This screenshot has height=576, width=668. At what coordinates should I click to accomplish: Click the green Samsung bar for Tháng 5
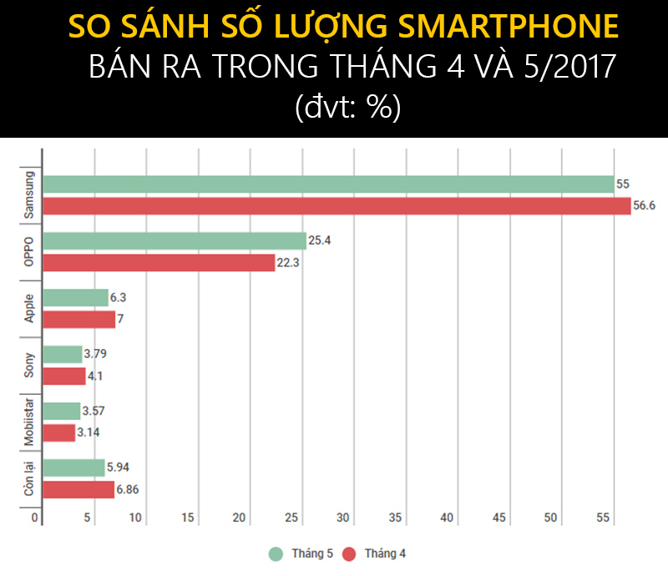pyautogui.click(x=328, y=184)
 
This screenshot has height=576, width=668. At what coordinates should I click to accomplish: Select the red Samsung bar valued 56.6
pyautogui.click(x=337, y=206)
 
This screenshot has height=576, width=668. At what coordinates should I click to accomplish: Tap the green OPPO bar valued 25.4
pyautogui.click(x=175, y=241)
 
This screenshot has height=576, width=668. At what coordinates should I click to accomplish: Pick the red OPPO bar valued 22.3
pyautogui.click(x=159, y=263)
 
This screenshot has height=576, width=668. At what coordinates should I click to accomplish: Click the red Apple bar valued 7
pyautogui.click(x=78, y=320)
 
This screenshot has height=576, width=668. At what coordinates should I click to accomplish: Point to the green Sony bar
pyautogui.click(x=63, y=355)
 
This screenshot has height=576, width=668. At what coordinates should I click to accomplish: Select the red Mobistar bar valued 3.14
pyautogui.click(x=58, y=433)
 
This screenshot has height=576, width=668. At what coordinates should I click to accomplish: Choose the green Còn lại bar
pyautogui.click(x=73, y=468)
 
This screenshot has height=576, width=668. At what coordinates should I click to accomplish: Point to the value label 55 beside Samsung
pyautogui.click(x=622, y=184)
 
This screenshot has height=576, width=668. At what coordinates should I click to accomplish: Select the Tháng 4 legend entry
pyautogui.click(x=373, y=553)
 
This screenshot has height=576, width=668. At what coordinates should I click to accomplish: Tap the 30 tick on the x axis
pyautogui.click(x=343, y=518)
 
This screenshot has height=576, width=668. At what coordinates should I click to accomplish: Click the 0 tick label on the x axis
pyautogui.click(x=36, y=518)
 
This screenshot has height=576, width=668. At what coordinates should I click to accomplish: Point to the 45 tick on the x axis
pyautogui.click(x=499, y=518)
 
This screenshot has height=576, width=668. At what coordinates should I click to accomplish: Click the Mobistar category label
pyautogui.click(x=28, y=422)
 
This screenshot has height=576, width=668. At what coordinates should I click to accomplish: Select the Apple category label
pyautogui.click(x=28, y=308)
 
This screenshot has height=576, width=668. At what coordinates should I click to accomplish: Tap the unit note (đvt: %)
pyautogui.click(x=348, y=107)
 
